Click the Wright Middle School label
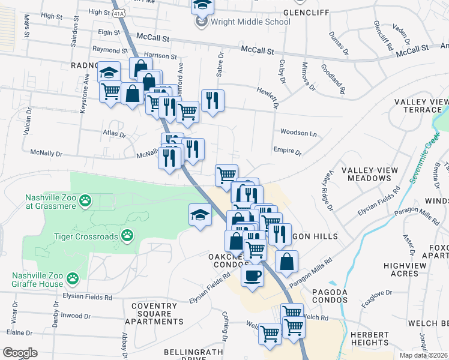[x=250, y=22]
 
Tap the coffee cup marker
[x=252, y=277]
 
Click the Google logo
[x=20, y=353]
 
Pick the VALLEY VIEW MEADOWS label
[x=370, y=175]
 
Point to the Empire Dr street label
[x=287, y=152]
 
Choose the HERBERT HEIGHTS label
[x=370, y=339]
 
